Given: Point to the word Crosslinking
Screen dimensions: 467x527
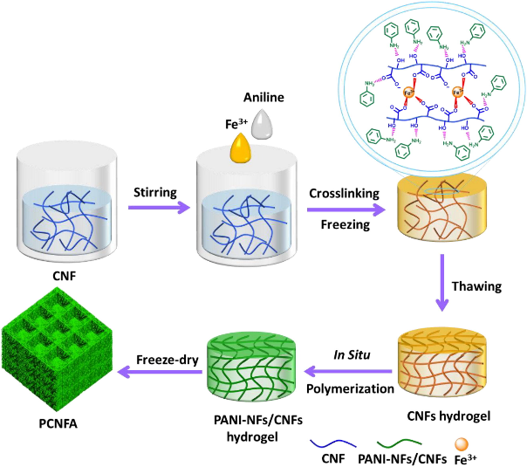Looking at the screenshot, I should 339,192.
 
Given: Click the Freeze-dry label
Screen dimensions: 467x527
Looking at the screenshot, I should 157,357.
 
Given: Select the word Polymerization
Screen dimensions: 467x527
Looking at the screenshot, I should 351,386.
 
